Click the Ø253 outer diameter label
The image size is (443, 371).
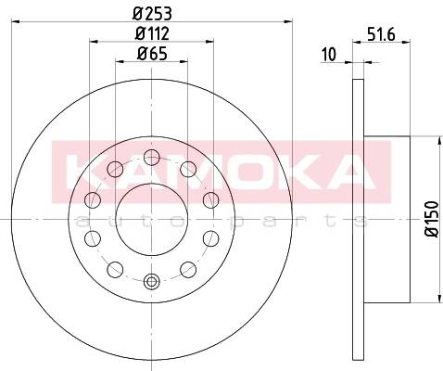(152, 14)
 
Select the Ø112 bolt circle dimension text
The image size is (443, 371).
(152, 33)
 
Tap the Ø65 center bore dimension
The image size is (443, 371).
(152, 54)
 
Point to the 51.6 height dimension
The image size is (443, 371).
(381, 34)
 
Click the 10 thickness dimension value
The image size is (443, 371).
(329, 55)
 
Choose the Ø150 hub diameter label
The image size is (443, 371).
(432, 219)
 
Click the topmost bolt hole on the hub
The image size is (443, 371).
(152, 157)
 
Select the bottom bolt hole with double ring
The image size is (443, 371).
(152, 282)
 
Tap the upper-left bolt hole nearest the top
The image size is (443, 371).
(115, 169)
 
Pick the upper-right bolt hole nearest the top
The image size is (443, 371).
(188, 169)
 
